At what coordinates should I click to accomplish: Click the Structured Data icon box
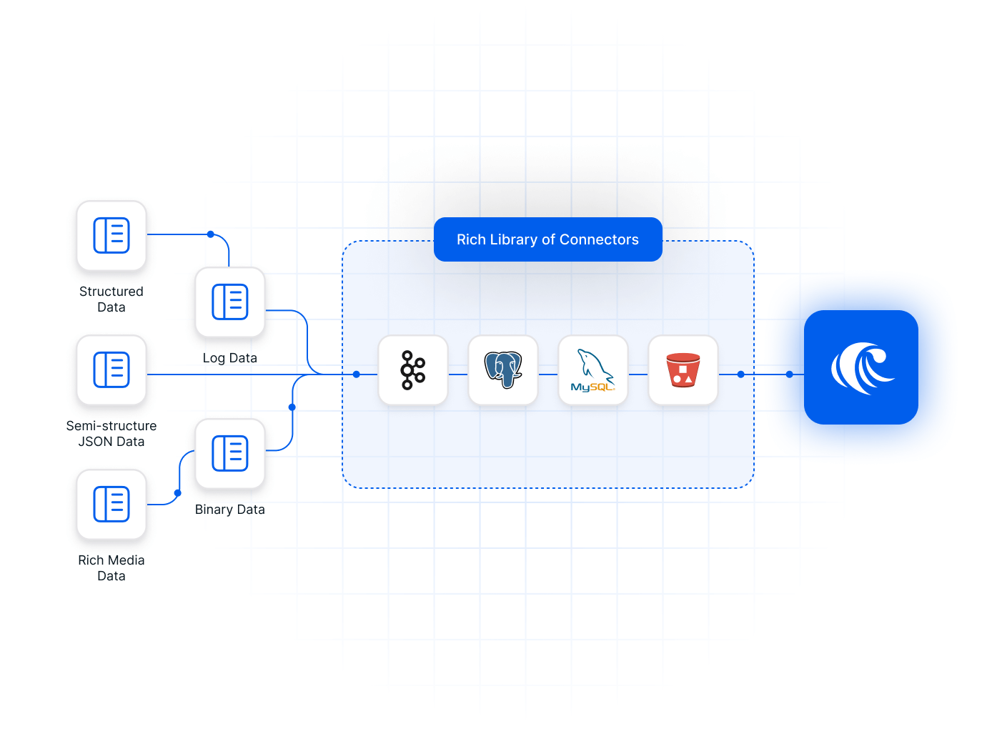[111, 236]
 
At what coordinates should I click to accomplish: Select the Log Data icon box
[230, 302]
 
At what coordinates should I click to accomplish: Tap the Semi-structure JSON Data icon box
[111, 370]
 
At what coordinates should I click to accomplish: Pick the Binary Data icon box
[230, 454]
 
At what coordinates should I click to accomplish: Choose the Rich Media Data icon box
[111, 505]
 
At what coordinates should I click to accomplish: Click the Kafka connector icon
[413, 370]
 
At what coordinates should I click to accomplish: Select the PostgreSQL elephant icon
[503, 370]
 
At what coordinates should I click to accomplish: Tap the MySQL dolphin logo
[593, 370]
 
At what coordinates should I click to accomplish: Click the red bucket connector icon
[683, 370]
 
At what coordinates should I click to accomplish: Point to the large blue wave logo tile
[861, 367]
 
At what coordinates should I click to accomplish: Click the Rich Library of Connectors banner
[548, 239]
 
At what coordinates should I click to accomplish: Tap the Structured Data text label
[111, 299]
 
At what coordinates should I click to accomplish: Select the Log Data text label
[230, 358]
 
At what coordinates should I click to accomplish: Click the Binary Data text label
[230, 510]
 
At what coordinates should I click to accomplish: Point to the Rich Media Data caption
[111, 568]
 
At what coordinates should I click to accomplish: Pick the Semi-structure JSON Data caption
[111, 434]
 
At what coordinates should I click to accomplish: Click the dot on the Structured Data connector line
[211, 234]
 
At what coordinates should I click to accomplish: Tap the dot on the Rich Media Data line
[178, 493]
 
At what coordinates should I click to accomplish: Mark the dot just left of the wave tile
[790, 375]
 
